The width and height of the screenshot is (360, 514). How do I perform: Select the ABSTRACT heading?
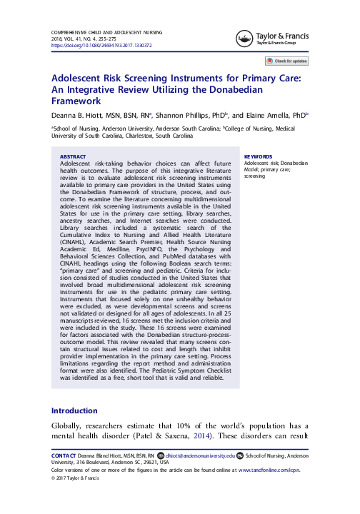point(72,155)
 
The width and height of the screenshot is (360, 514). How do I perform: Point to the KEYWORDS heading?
point(258,155)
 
